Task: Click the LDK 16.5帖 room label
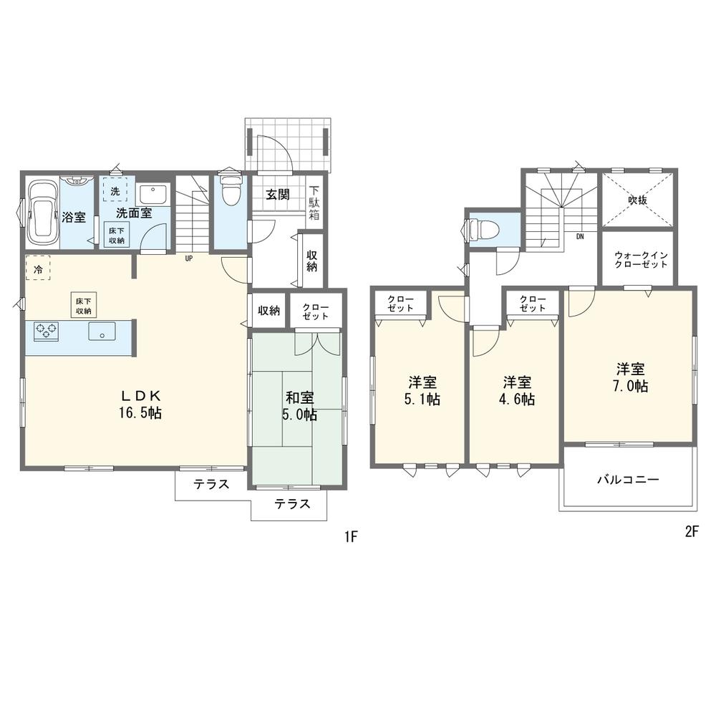140,404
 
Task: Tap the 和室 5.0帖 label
301,406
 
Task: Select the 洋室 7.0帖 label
631,377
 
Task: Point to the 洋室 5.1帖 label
422,390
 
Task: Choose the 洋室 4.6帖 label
518,390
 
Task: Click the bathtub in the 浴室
42,213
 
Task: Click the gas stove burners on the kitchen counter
46,331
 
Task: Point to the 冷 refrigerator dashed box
38,268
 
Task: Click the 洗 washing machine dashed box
115,190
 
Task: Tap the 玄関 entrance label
278,195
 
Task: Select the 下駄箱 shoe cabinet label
314,203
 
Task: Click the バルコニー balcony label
629,480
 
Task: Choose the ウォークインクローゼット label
641,260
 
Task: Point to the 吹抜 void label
637,200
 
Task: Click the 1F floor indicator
351,537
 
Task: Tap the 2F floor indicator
692,532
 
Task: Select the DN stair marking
580,236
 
